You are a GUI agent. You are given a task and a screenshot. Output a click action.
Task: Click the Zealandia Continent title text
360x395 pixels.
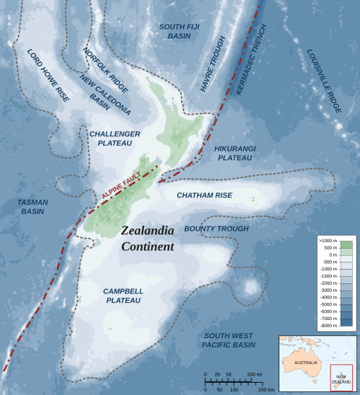click(x=148, y=239)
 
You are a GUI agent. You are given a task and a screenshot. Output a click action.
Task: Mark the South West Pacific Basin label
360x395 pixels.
click(x=229, y=340)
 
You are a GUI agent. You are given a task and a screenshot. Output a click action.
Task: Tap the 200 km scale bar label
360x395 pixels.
click(x=266, y=389)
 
